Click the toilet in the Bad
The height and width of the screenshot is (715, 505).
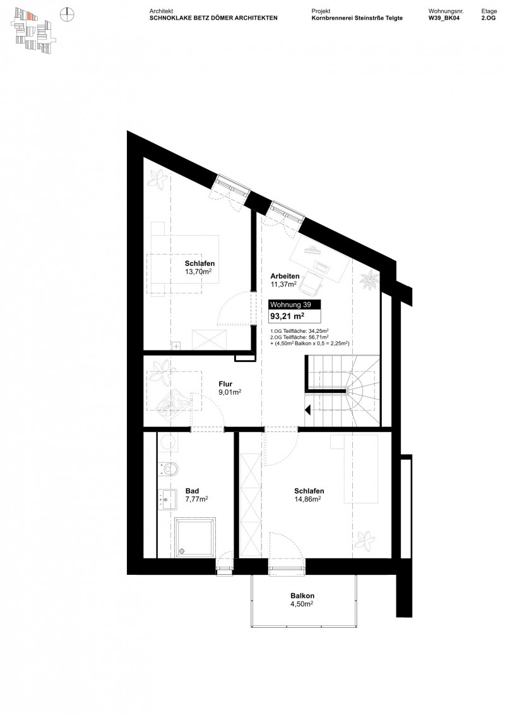click(170, 469)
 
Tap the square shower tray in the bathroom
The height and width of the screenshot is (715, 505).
click(195, 537)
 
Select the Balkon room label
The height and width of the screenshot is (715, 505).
click(302, 596)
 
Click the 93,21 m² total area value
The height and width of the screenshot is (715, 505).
click(287, 316)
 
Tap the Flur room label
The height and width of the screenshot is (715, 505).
click(225, 383)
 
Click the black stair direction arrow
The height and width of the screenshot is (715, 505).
click(309, 409)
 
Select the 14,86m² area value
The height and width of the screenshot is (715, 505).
click(309, 499)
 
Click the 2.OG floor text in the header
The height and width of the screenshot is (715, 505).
click(489, 18)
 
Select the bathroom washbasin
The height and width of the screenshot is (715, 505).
click(169, 500)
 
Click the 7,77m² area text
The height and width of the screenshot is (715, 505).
click(196, 499)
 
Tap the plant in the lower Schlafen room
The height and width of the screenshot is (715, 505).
click(364, 541)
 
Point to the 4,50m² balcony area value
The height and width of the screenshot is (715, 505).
click(302, 604)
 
